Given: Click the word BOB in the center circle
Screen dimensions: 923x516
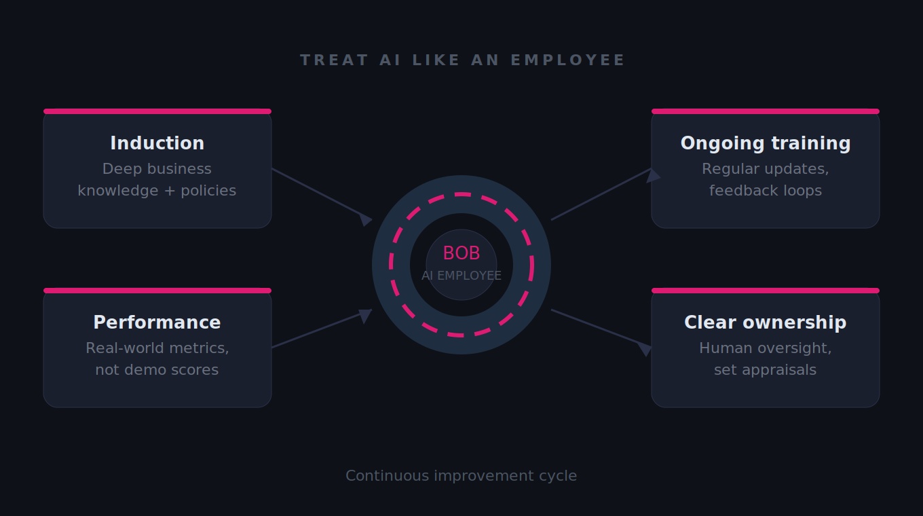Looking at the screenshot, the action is pyautogui.click(x=461, y=253).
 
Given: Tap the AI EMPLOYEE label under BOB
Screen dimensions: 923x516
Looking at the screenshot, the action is pyautogui.click(x=461, y=276).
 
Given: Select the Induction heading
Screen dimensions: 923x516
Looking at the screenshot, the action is pyautogui.click(x=157, y=143).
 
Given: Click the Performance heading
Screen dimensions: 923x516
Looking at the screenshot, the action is pyautogui.click(x=157, y=322).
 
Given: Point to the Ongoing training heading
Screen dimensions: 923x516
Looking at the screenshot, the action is pyautogui.click(x=766, y=143).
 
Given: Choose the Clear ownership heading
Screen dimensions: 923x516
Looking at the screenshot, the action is pyautogui.click(x=766, y=322).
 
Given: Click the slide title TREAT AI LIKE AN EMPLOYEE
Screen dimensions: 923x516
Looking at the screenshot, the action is pyautogui.click(x=462, y=60).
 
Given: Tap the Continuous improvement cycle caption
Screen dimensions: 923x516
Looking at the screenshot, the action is pyautogui.click(x=461, y=476).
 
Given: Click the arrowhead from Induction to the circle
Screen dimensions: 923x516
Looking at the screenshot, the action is pyautogui.click(x=366, y=219).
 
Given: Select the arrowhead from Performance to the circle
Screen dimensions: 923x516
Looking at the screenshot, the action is pyautogui.click(x=365, y=315).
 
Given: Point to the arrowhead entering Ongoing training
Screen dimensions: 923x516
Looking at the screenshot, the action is pyautogui.click(x=653, y=175).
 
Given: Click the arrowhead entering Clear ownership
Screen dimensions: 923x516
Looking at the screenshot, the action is pyautogui.click(x=645, y=348).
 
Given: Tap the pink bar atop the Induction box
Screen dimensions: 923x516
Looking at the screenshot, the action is pyautogui.click(x=157, y=111).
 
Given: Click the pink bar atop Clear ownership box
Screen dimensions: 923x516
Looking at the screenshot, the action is pyautogui.click(x=766, y=291).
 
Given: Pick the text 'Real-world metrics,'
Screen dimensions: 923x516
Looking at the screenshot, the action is pyautogui.click(x=157, y=348).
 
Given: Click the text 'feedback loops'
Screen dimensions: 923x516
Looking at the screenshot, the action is pyautogui.click(x=766, y=191).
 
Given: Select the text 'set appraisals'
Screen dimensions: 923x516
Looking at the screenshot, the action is pyautogui.click(x=766, y=370).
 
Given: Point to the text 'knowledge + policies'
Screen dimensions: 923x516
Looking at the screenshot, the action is pyautogui.click(x=157, y=191).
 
